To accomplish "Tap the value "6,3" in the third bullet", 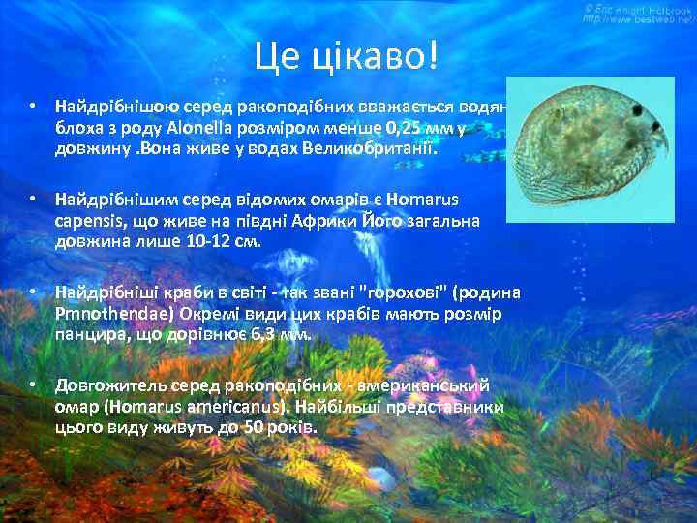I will [x=262, y=336].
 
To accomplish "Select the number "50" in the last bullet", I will [x=251, y=429].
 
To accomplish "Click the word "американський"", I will [x=427, y=385].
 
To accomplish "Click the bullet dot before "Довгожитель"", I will [x=33, y=385].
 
